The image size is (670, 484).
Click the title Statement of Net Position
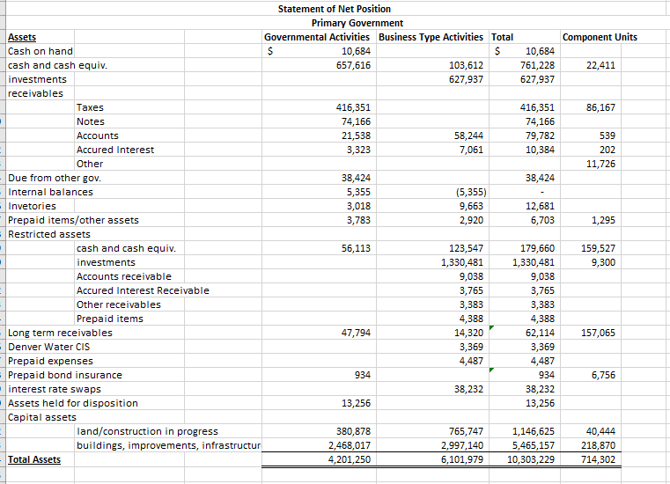tap(334, 9)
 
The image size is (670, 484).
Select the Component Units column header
tap(599, 37)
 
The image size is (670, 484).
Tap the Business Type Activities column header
tap(431, 37)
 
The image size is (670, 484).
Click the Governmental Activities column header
tap(318, 37)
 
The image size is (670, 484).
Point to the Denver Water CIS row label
tap(48, 347)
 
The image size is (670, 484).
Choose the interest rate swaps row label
tap(54, 389)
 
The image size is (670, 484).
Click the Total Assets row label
tap(34, 459)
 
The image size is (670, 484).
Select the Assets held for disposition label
tap(73, 403)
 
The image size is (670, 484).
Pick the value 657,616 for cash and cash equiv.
tap(353, 65)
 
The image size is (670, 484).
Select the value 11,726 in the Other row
tap(600, 164)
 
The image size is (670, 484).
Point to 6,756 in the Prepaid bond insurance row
tap(603, 375)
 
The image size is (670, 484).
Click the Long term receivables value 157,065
tap(599, 333)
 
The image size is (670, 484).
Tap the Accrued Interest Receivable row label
tap(143, 290)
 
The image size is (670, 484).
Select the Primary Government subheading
tap(357, 23)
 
